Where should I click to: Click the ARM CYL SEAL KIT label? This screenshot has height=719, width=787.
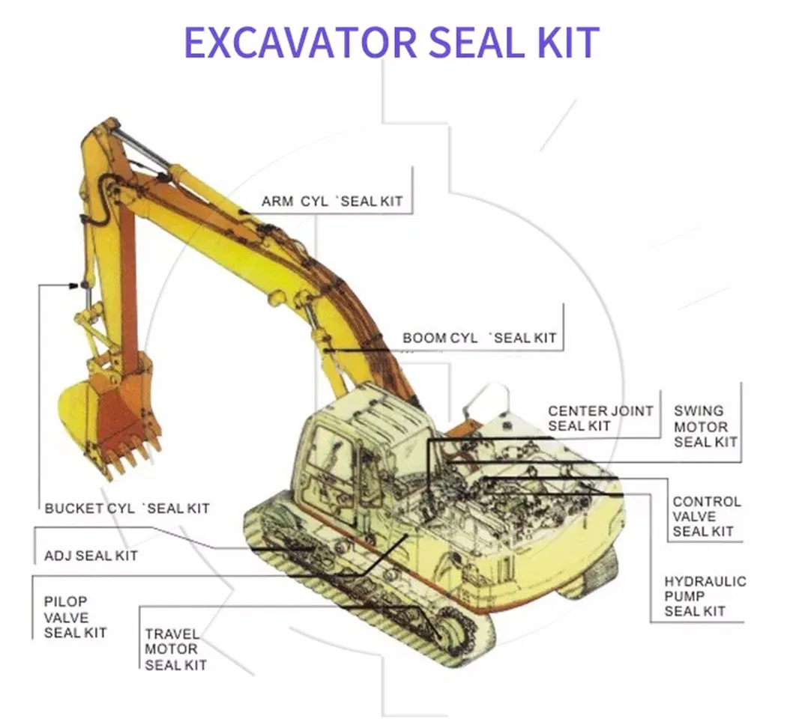pos(332,201)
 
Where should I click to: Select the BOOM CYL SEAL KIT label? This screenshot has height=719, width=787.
pos(480,338)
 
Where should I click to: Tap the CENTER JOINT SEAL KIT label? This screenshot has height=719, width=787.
pos(600,419)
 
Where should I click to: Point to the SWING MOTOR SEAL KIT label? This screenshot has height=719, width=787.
pos(705,426)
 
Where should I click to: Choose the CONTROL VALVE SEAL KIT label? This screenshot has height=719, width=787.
pos(706,517)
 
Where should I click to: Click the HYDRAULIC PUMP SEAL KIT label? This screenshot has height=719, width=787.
pos(705,596)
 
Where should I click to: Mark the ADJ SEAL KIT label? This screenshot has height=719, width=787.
pos(91,556)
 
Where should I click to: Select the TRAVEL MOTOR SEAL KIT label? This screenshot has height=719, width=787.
pos(175,649)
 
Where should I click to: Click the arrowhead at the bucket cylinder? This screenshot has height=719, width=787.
pos(73,285)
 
